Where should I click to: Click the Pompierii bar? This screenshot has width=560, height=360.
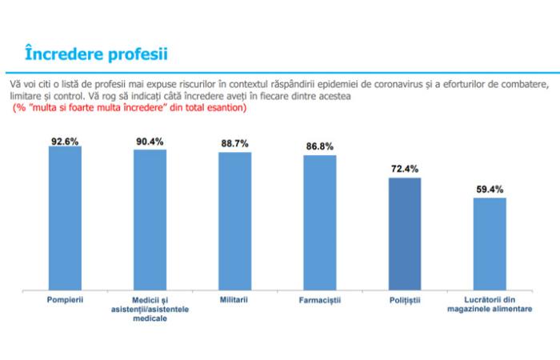point(65,218)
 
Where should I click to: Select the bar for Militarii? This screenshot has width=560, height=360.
point(234,220)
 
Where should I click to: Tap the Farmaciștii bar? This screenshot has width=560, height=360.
point(319,222)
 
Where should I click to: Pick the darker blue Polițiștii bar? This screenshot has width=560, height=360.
point(404,234)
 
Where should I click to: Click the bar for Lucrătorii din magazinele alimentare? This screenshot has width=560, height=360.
point(490,243)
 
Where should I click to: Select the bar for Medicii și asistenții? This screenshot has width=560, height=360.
point(150,218)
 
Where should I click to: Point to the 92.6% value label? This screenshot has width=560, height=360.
point(65,141)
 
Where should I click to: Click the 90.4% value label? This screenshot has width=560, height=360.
point(150,142)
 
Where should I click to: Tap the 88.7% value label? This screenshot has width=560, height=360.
point(234,143)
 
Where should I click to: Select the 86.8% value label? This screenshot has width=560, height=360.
point(319,147)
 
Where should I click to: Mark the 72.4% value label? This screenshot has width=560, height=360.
point(404,170)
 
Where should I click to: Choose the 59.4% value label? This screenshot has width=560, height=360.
point(490,190)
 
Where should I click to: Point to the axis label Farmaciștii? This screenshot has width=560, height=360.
point(319,300)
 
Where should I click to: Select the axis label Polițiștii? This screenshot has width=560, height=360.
point(404,300)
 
